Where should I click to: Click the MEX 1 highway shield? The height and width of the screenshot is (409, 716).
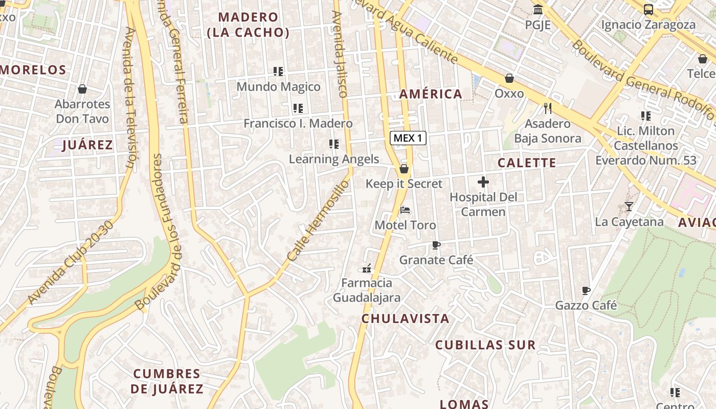click(408, 138)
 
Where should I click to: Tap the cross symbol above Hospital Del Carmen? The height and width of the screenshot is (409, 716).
click(483, 182)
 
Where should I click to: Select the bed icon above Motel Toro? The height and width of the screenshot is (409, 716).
click(405, 210)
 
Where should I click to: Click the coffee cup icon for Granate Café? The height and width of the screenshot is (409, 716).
click(436, 245)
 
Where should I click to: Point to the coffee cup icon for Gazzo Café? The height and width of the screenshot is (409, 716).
click(586, 291)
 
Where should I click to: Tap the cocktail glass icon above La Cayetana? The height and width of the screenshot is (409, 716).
click(629, 207)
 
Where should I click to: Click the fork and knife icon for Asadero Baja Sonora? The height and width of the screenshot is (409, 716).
click(548, 108)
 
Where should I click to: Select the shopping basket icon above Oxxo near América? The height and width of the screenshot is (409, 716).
click(509, 78)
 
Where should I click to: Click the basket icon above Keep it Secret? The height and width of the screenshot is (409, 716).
click(404, 168)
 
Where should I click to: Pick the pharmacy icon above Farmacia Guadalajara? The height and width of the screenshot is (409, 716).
click(366, 268)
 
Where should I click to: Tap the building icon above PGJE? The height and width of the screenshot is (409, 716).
click(538, 9)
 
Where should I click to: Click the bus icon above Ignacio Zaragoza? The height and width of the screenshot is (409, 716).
click(648, 9)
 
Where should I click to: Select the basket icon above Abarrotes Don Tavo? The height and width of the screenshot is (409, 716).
click(82, 89)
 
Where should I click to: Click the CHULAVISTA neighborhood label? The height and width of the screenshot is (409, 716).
click(405, 319)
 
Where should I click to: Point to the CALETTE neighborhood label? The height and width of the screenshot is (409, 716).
click(526, 163)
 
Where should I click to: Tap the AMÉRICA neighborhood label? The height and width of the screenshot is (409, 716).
click(431, 94)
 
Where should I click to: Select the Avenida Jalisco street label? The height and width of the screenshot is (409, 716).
click(340, 54)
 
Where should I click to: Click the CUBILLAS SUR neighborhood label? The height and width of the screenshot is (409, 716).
click(485, 345)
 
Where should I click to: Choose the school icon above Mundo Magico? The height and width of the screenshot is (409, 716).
click(278, 72)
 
